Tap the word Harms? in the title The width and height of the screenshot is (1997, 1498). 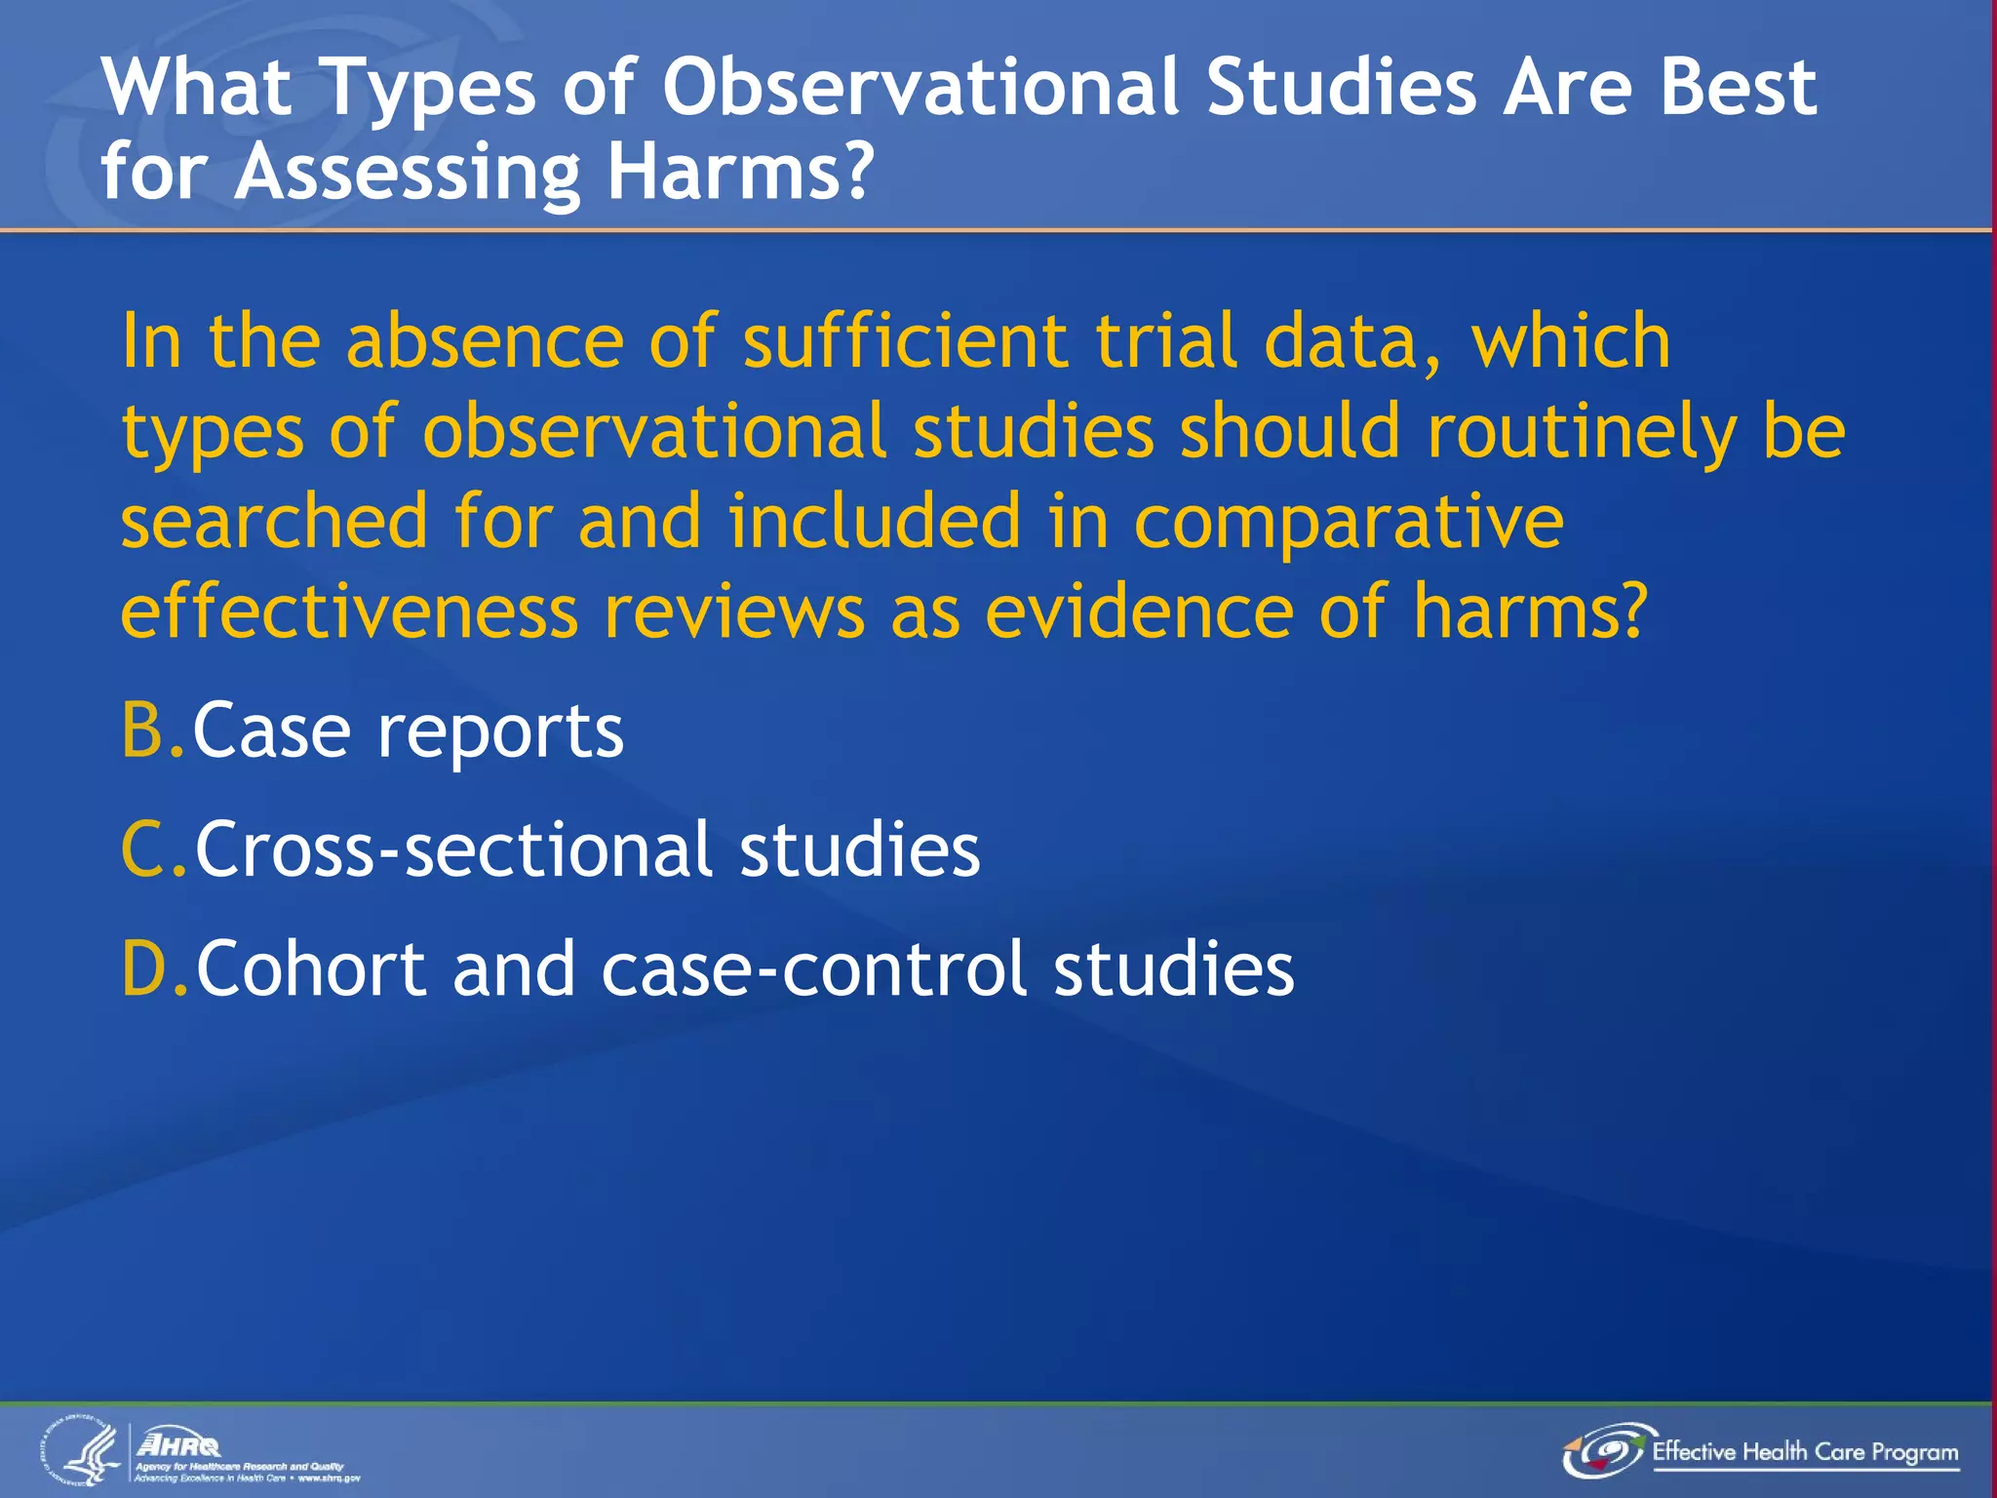point(739,172)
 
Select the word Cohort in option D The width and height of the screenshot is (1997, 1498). point(311,968)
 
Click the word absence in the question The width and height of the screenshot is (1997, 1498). point(484,341)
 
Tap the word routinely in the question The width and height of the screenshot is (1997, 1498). point(1581,432)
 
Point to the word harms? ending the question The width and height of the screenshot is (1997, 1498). point(1529,612)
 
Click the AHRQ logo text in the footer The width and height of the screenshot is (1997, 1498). point(179,1444)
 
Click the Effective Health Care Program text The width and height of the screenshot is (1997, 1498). point(1804,1452)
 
